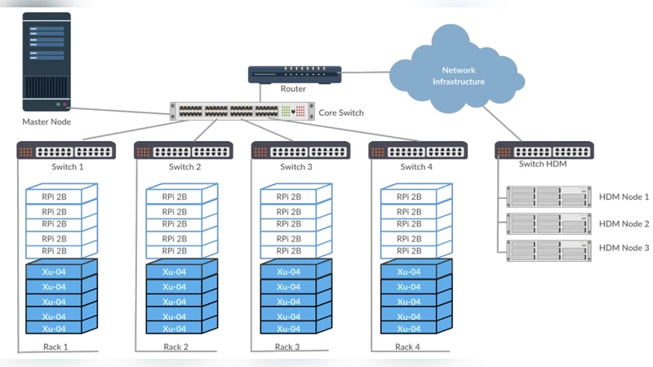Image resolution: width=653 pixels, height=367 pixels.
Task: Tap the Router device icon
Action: [x=293, y=74]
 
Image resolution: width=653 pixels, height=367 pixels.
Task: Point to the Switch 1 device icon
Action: [x=65, y=151]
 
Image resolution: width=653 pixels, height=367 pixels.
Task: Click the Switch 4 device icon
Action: [x=418, y=151]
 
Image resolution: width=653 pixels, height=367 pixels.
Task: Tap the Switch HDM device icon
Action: [x=544, y=151]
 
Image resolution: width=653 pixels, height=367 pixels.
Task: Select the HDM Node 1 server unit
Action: [x=548, y=197]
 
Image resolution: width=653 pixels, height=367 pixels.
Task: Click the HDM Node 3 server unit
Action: [x=548, y=250]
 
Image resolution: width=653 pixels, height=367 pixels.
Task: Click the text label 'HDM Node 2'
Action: [x=624, y=223]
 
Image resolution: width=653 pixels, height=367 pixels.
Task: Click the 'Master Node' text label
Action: [x=47, y=122]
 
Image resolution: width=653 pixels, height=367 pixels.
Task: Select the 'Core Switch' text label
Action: [x=341, y=113]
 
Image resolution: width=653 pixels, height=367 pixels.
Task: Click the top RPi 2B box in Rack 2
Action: [x=175, y=197]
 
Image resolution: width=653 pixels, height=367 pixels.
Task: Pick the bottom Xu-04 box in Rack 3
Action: [x=289, y=329]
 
